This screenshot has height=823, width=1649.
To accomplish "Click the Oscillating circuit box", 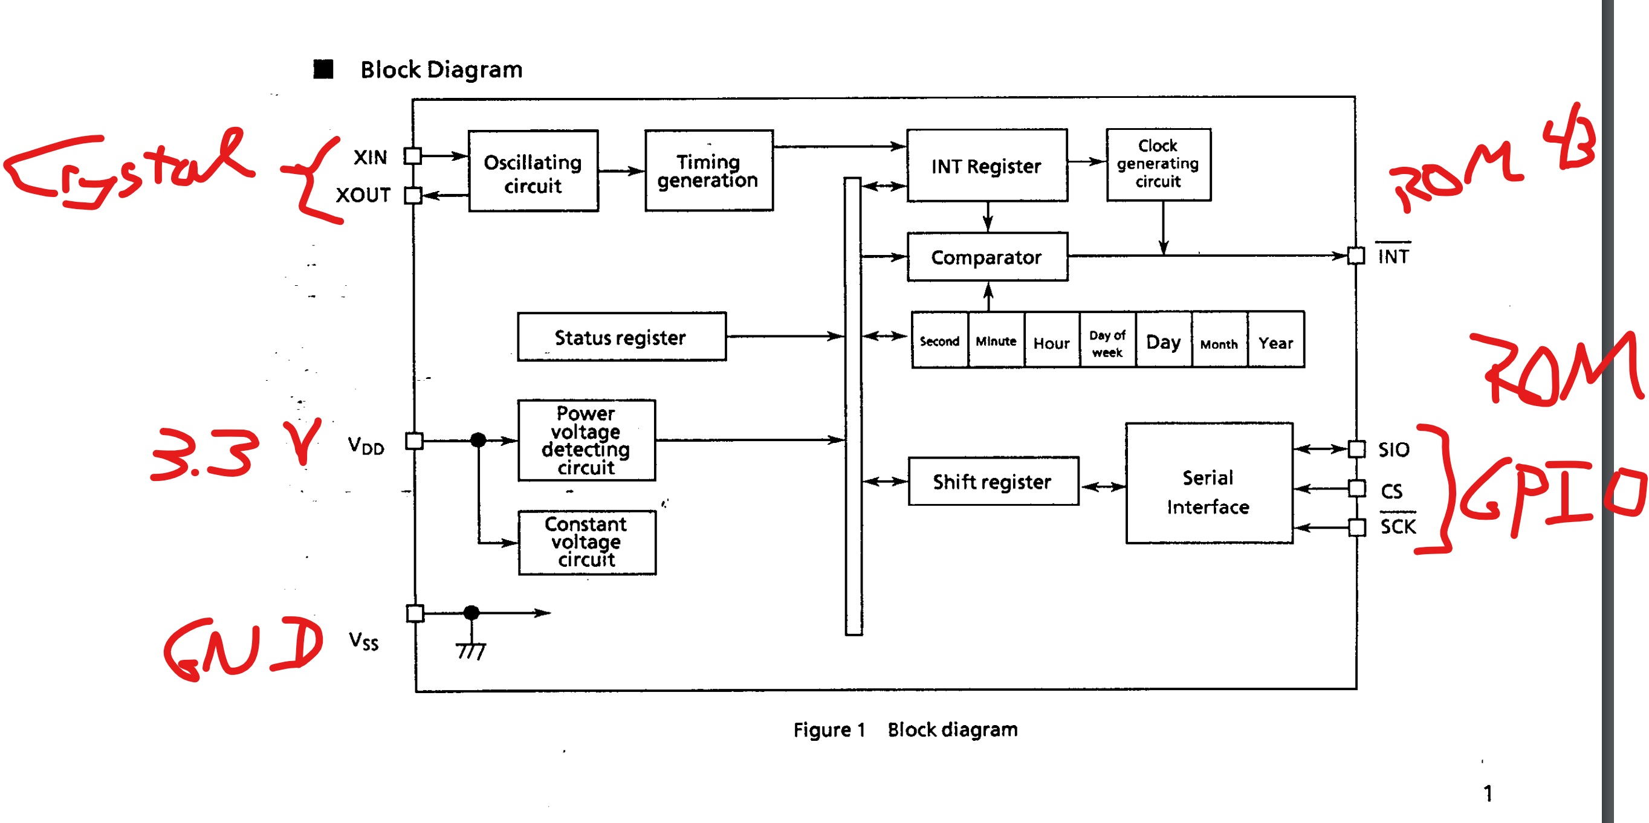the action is click(533, 171).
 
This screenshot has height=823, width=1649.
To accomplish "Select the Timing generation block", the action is click(708, 170).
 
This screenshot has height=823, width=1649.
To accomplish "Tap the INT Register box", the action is click(986, 166).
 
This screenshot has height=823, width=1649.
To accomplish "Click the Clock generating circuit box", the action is click(1158, 164).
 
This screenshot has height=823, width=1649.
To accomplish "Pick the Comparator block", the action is click(987, 257).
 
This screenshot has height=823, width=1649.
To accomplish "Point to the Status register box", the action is click(621, 337).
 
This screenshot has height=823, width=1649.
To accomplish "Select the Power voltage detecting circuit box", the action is click(586, 441).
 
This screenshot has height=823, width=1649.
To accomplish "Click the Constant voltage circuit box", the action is click(586, 542).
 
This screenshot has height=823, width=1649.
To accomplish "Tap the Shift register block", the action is click(993, 481).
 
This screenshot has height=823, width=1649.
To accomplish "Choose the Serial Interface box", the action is click(1208, 483).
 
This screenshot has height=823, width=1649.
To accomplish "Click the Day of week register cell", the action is click(1107, 340).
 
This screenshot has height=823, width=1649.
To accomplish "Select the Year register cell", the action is click(1276, 340).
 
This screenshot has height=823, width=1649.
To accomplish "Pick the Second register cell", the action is click(940, 340).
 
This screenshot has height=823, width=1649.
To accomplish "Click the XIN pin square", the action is click(413, 156).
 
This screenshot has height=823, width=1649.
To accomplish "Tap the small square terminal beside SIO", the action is click(1356, 449).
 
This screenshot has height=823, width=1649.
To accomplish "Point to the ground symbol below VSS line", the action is click(471, 651).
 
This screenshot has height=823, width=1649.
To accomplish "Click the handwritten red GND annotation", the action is click(244, 648).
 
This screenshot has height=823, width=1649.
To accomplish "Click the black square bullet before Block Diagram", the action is click(323, 69).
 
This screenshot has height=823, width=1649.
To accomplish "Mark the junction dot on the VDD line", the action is click(478, 440).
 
